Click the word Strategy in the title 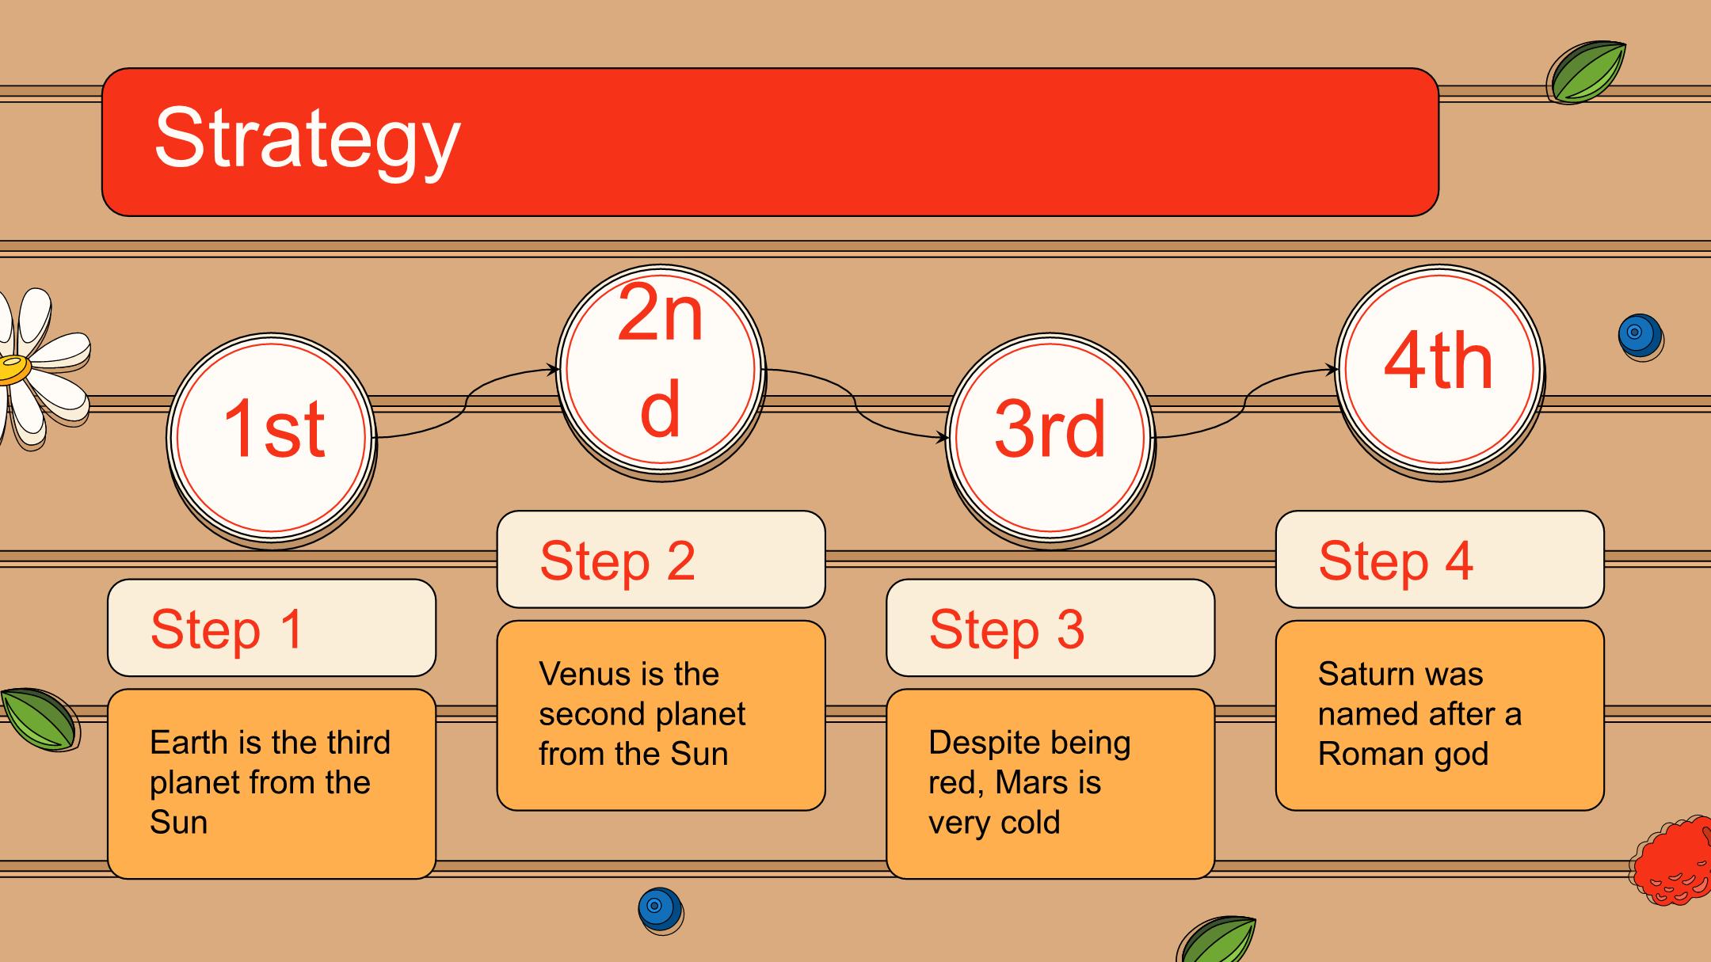tap(307, 140)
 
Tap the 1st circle tap(272, 439)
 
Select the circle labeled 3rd tap(1050, 439)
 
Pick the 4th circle tap(1440, 371)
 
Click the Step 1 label tap(227, 629)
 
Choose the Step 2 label tap(617, 561)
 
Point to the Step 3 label tap(1006, 629)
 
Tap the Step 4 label tap(1396, 561)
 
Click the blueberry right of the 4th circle tap(1641, 337)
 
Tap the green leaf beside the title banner tap(1586, 72)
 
